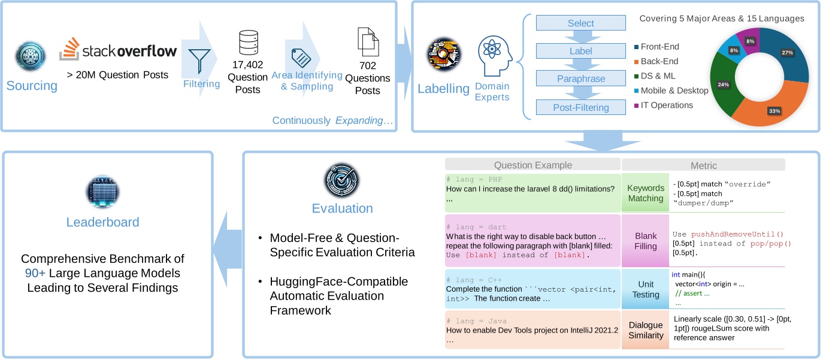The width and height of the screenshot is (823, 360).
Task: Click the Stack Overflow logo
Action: click(x=119, y=50)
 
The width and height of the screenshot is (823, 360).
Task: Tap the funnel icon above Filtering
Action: click(x=199, y=59)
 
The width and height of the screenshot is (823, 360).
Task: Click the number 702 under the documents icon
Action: click(x=367, y=66)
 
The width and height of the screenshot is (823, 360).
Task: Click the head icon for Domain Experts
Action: click(x=494, y=53)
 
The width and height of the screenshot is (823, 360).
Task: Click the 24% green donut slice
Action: click(x=724, y=85)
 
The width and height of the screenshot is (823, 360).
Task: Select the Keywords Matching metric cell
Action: click(x=646, y=193)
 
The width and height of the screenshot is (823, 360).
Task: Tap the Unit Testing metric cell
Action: click(x=646, y=289)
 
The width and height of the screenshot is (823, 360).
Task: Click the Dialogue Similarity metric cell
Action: click(x=646, y=330)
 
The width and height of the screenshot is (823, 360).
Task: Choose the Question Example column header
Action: click(x=532, y=165)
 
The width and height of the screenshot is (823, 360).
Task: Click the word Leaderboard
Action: click(x=102, y=222)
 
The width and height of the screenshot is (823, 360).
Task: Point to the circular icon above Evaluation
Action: click(x=342, y=179)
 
